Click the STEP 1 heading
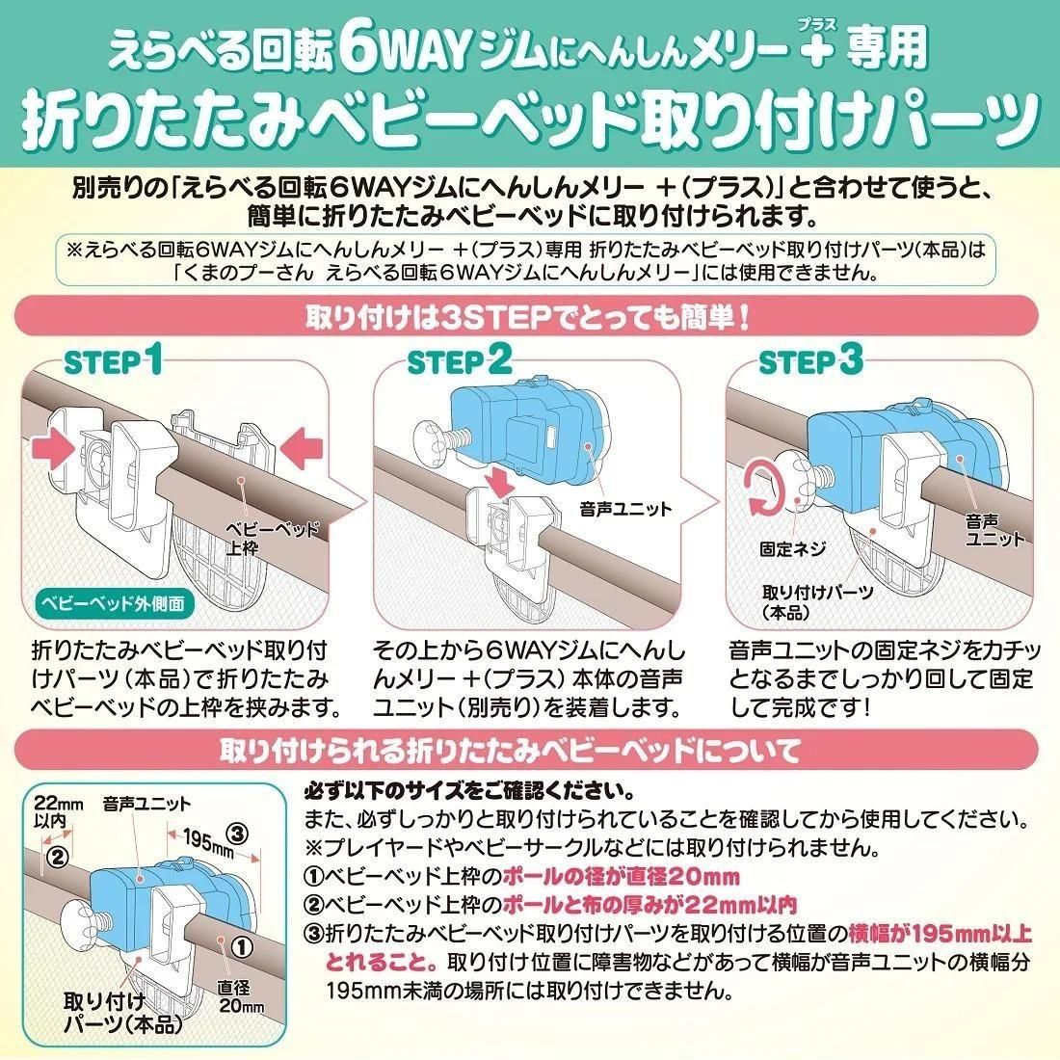[114, 361]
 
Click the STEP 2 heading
[460, 361]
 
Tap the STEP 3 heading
[811, 361]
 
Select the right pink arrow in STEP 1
[303, 450]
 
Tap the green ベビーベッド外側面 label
[113, 603]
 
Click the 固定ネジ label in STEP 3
[792, 548]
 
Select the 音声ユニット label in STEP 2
[625, 509]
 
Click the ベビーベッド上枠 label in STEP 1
[272, 538]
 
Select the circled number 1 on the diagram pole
[242, 945]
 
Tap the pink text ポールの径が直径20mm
[622, 877]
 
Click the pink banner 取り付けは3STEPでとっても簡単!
[526, 316]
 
